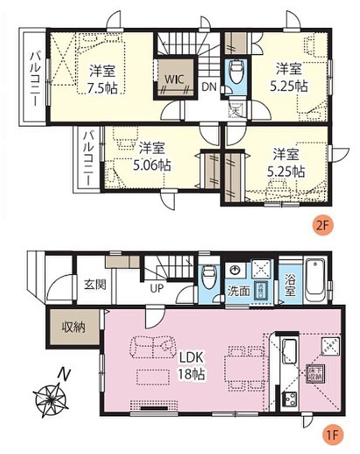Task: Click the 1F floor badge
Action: (x=330, y=434)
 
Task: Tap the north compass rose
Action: (x=49, y=400)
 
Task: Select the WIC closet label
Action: (x=174, y=77)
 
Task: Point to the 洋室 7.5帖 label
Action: (x=102, y=79)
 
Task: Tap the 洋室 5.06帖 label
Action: (x=152, y=156)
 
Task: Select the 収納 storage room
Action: (x=74, y=327)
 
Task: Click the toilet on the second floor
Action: (x=236, y=73)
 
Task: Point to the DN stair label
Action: (x=209, y=88)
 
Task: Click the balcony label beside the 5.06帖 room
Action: (x=87, y=156)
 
